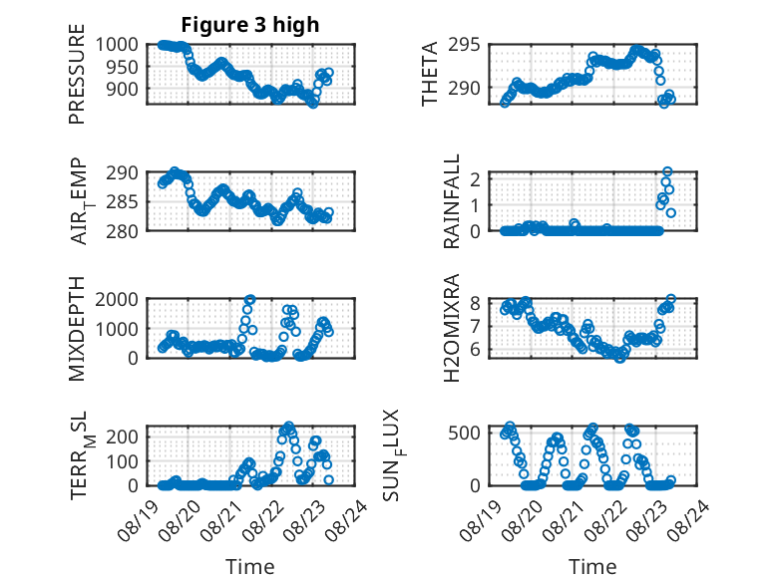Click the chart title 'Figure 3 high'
pyautogui.click(x=250, y=25)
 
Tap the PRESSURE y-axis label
pyautogui.click(x=77, y=74)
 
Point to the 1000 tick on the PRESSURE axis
pyautogui.click(x=117, y=45)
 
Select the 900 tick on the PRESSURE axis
pyautogui.click(x=123, y=89)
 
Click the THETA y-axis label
pyautogui.click(x=430, y=74)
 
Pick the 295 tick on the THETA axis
pyautogui.click(x=464, y=45)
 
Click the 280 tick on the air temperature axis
pyautogui.click(x=123, y=231)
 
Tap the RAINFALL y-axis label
pyautogui.click(x=452, y=201)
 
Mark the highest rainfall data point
pyautogui.click(x=667, y=171)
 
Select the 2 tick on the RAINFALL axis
pyautogui.click(x=476, y=179)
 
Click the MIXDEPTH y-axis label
pyautogui.click(x=77, y=329)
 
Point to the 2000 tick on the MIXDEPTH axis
pyautogui.click(x=117, y=299)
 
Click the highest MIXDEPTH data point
pyautogui.click(x=250, y=299)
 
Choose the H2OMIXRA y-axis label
pyautogui.click(x=452, y=328)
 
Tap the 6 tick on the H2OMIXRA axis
pyautogui.click(x=476, y=350)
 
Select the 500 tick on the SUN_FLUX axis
pyautogui.click(x=464, y=433)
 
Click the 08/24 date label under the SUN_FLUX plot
pyautogui.click(x=688, y=519)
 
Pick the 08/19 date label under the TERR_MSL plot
pyautogui.click(x=139, y=519)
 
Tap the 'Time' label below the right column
pyautogui.click(x=592, y=566)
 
